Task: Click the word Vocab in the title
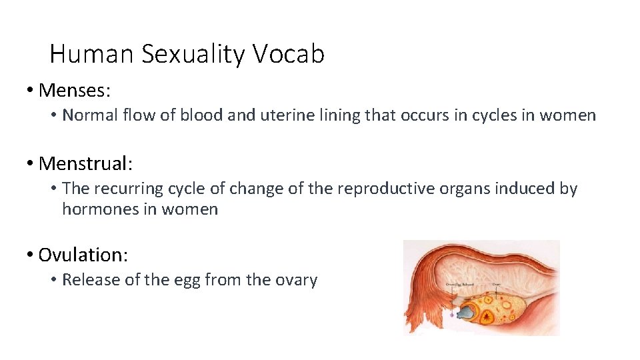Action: click(x=289, y=54)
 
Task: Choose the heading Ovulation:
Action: click(x=83, y=255)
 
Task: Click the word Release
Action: click(x=89, y=280)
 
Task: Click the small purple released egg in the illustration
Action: click(x=452, y=313)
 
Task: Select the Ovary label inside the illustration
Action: click(x=497, y=283)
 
